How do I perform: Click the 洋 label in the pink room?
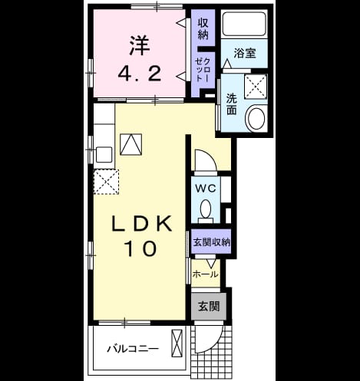(x=140, y=46)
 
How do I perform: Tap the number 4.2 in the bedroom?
(x=140, y=73)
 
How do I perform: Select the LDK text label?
(x=141, y=224)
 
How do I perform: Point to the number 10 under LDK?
(x=140, y=248)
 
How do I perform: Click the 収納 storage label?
(x=203, y=29)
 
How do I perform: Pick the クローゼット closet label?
(x=203, y=70)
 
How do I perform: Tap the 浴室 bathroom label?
(x=245, y=53)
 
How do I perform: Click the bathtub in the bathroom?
(x=244, y=24)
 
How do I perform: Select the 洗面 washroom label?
(x=231, y=104)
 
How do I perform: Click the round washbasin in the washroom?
(x=256, y=119)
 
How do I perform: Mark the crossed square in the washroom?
(x=256, y=87)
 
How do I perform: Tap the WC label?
(x=206, y=189)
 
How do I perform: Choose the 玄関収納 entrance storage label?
(x=211, y=242)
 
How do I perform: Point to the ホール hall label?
(x=206, y=274)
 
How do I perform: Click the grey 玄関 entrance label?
(x=209, y=306)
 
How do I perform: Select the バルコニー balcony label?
(x=133, y=349)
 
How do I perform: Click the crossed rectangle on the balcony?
(x=177, y=343)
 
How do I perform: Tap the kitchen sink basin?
(x=104, y=155)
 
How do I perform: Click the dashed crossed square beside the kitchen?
(x=106, y=182)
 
